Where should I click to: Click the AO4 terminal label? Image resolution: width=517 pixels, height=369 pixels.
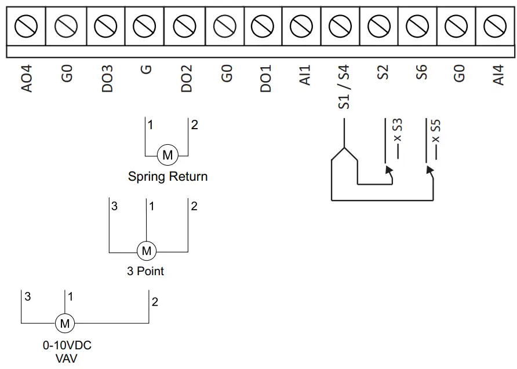[26, 78]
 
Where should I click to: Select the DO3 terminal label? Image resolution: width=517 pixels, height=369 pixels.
[107, 78]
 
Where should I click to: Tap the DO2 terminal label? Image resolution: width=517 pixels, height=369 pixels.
[186, 78]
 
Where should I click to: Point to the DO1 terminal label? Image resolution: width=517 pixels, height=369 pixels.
[265, 78]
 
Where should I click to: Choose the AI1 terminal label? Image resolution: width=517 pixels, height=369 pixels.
[305, 75]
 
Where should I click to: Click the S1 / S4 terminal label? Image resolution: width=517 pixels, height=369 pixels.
[344, 87]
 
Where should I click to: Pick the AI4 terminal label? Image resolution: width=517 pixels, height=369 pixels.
[498, 75]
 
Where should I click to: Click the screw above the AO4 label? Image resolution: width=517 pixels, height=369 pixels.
[26, 25]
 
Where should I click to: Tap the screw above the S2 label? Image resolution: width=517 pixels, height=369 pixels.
[379, 25]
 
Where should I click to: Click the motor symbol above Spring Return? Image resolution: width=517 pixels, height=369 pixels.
[168, 155]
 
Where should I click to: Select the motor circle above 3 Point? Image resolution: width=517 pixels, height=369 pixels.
[146, 251]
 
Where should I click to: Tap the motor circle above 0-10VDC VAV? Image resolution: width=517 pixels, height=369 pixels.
[65, 323]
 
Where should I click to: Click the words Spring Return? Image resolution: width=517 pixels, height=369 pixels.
[168, 177]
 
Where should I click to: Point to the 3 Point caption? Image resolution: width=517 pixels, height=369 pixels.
[145, 271]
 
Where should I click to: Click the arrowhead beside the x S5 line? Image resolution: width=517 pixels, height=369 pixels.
[429, 170]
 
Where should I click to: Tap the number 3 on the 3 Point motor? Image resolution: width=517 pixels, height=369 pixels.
[115, 206]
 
